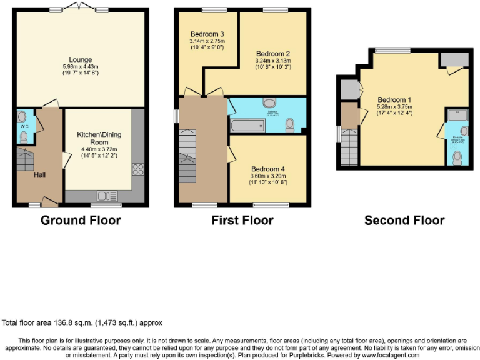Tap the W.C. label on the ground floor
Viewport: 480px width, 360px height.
pos(24,126)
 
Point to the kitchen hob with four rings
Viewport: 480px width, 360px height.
pos(138,169)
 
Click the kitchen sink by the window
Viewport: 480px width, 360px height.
pos(107,196)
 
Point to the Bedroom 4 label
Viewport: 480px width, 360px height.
pos(267,169)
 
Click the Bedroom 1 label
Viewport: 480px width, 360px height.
pos(394,99)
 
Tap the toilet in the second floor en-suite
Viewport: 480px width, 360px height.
pos(457,156)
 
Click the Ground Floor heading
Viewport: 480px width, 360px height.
pos(81,220)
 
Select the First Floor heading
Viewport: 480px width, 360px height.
pos(242,220)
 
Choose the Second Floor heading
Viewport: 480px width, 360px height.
pos(404,220)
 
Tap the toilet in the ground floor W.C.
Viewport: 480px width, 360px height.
pos(24,137)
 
